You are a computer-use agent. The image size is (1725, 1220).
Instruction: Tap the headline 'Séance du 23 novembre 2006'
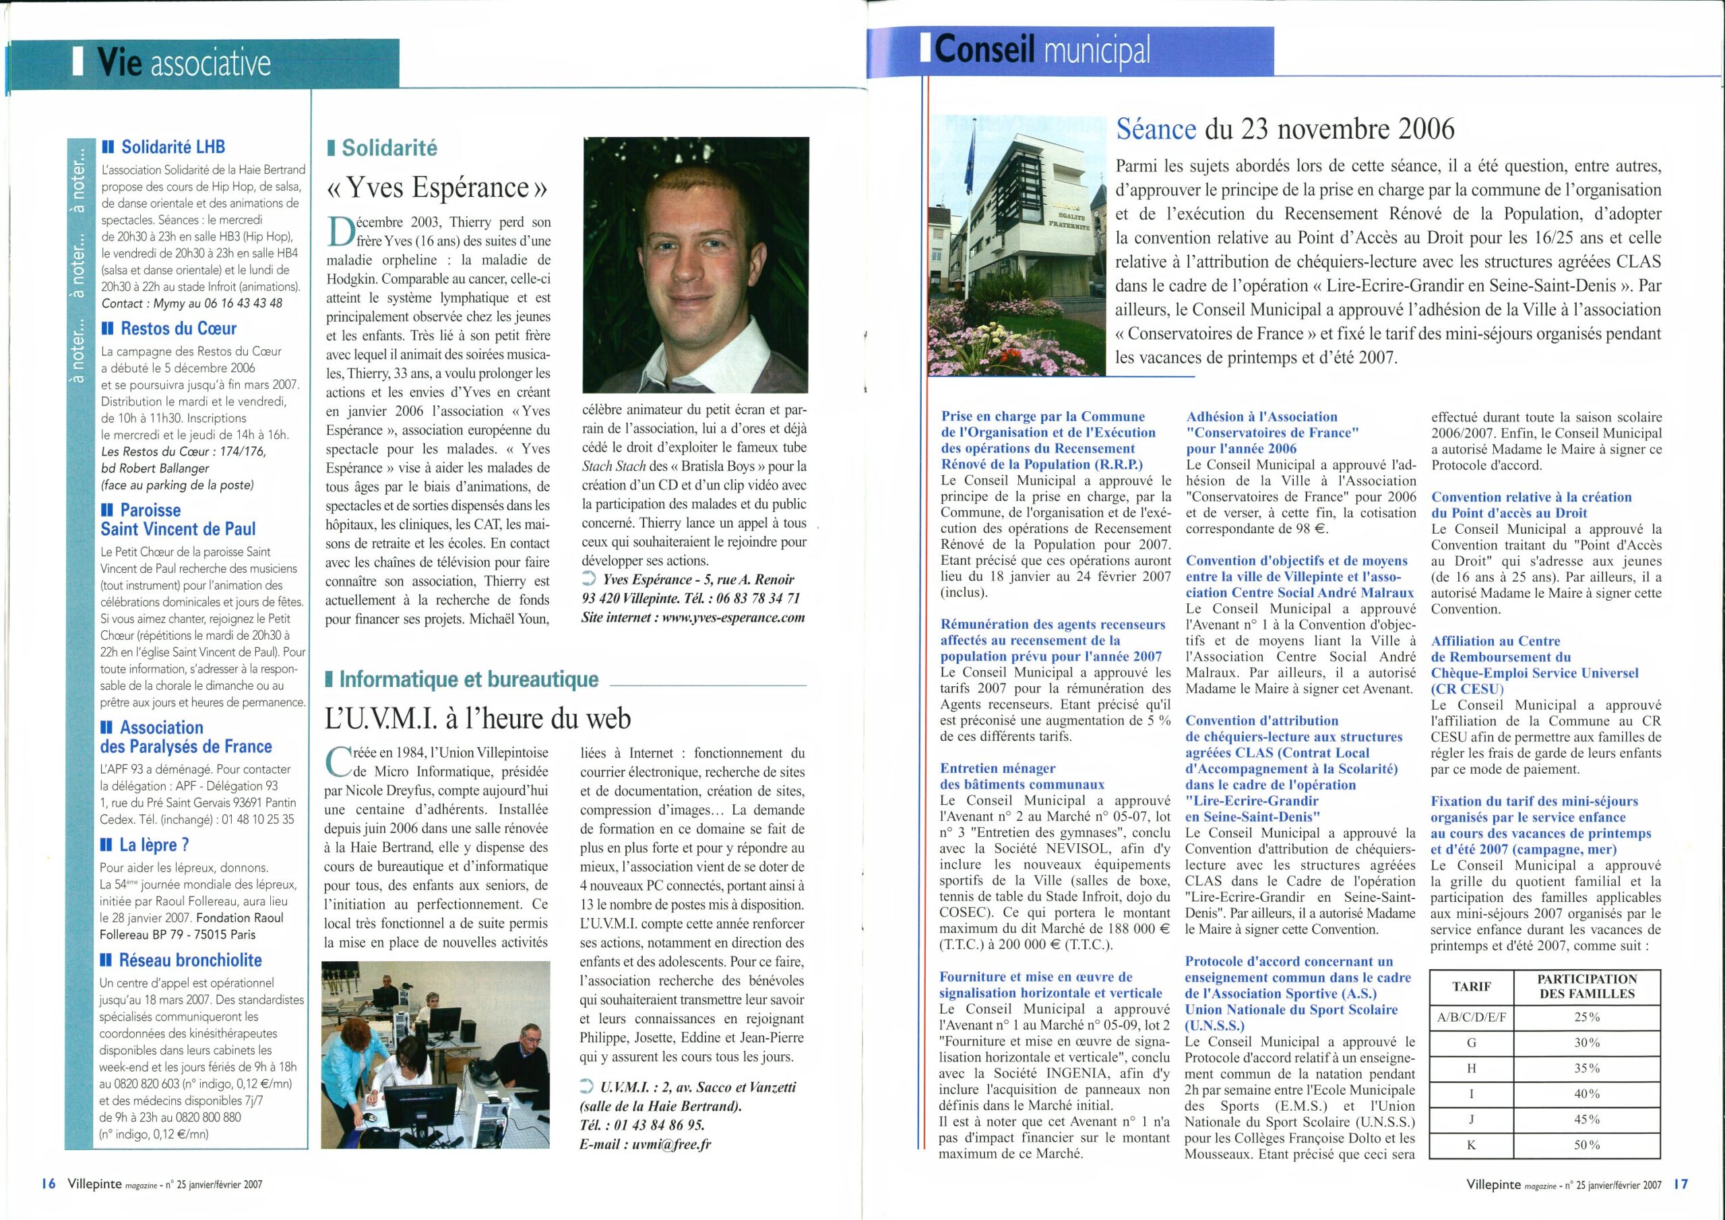tap(1286, 129)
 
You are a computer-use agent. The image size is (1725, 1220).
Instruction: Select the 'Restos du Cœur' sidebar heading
tap(168, 328)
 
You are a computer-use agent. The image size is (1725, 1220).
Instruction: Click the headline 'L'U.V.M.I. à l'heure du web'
tap(477, 719)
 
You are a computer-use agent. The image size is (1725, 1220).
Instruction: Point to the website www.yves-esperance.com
tap(725, 618)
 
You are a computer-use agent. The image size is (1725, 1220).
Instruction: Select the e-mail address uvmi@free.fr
tap(675, 1144)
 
